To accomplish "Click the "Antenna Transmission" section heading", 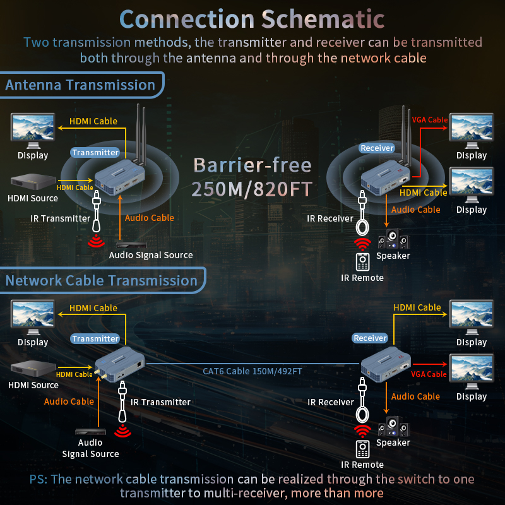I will tap(80, 85).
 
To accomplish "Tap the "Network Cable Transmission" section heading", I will tap(101, 280).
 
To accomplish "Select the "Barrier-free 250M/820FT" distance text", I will tap(252, 177).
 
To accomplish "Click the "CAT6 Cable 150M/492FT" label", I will tap(252, 371).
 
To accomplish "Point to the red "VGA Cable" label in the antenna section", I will tap(430, 119).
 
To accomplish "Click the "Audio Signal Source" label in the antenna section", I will tap(151, 255).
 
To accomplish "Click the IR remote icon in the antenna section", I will tap(362, 262).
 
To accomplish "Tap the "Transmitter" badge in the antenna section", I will tap(95, 152).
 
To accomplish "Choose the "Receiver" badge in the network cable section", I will tap(370, 338).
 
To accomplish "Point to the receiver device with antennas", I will tap(385, 179).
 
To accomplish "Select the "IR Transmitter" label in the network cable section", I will tap(160, 402).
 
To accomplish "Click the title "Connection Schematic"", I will tap(252, 19).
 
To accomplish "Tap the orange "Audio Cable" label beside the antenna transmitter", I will tap(150, 218).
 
